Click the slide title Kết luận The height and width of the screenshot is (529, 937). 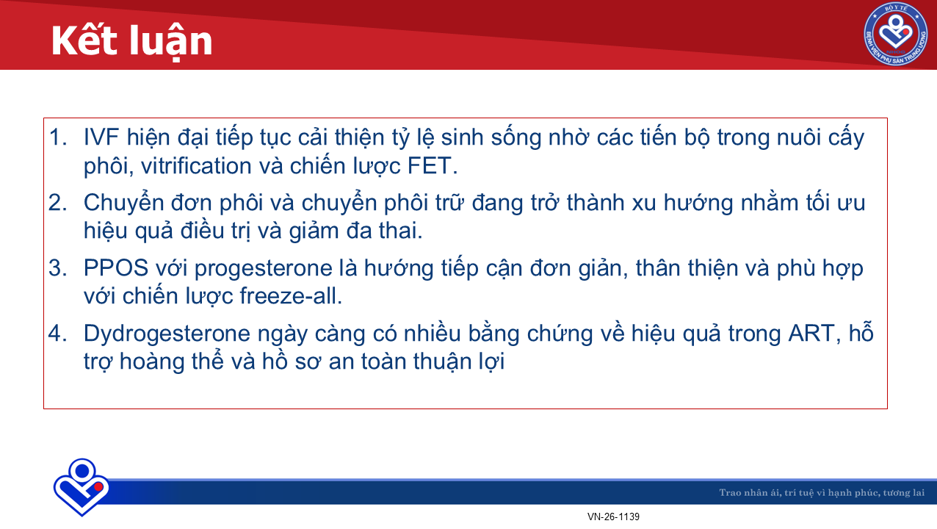pyautogui.click(x=131, y=41)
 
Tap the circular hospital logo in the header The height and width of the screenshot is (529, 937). pyautogui.click(x=896, y=34)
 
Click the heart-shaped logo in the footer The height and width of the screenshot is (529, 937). pyautogui.click(x=82, y=487)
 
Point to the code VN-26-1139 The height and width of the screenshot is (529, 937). pyautogui.click(x=613, y=517)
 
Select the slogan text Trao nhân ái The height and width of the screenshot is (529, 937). pyautogui.click(x=749, y=492)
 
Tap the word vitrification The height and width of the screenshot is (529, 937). pyautogui.click(x=195, y=165)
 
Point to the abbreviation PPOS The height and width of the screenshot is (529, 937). pyautogui.click(x=116, y=268)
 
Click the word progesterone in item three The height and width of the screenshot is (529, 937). pyautogui.click(x=263, y=269)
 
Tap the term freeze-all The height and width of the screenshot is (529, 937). pyautogui.click(x=291, y=296)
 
